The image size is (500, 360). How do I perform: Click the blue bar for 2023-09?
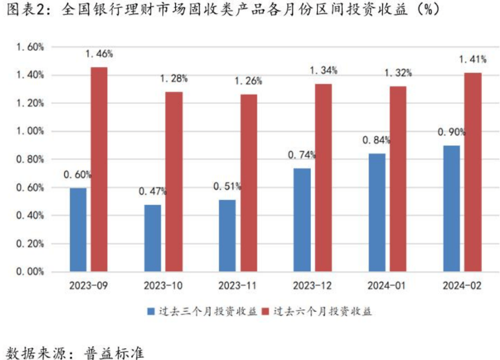[x=78, y=229]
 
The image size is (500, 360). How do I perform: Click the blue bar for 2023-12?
[x=302, y=220]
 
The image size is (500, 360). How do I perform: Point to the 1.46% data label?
[x=99, y=54]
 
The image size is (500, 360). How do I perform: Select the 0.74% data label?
[x=302, y=155]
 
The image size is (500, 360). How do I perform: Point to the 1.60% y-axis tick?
[x=30, y=47]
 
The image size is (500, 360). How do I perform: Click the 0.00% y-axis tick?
[x=30, y=272]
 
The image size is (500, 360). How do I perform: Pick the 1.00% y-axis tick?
[x=30, y=132]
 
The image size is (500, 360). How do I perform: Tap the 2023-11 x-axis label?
[x=238, y=286]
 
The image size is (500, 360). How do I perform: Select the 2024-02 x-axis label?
[x=462, y=286]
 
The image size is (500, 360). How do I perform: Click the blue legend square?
[x=151, y=312]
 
